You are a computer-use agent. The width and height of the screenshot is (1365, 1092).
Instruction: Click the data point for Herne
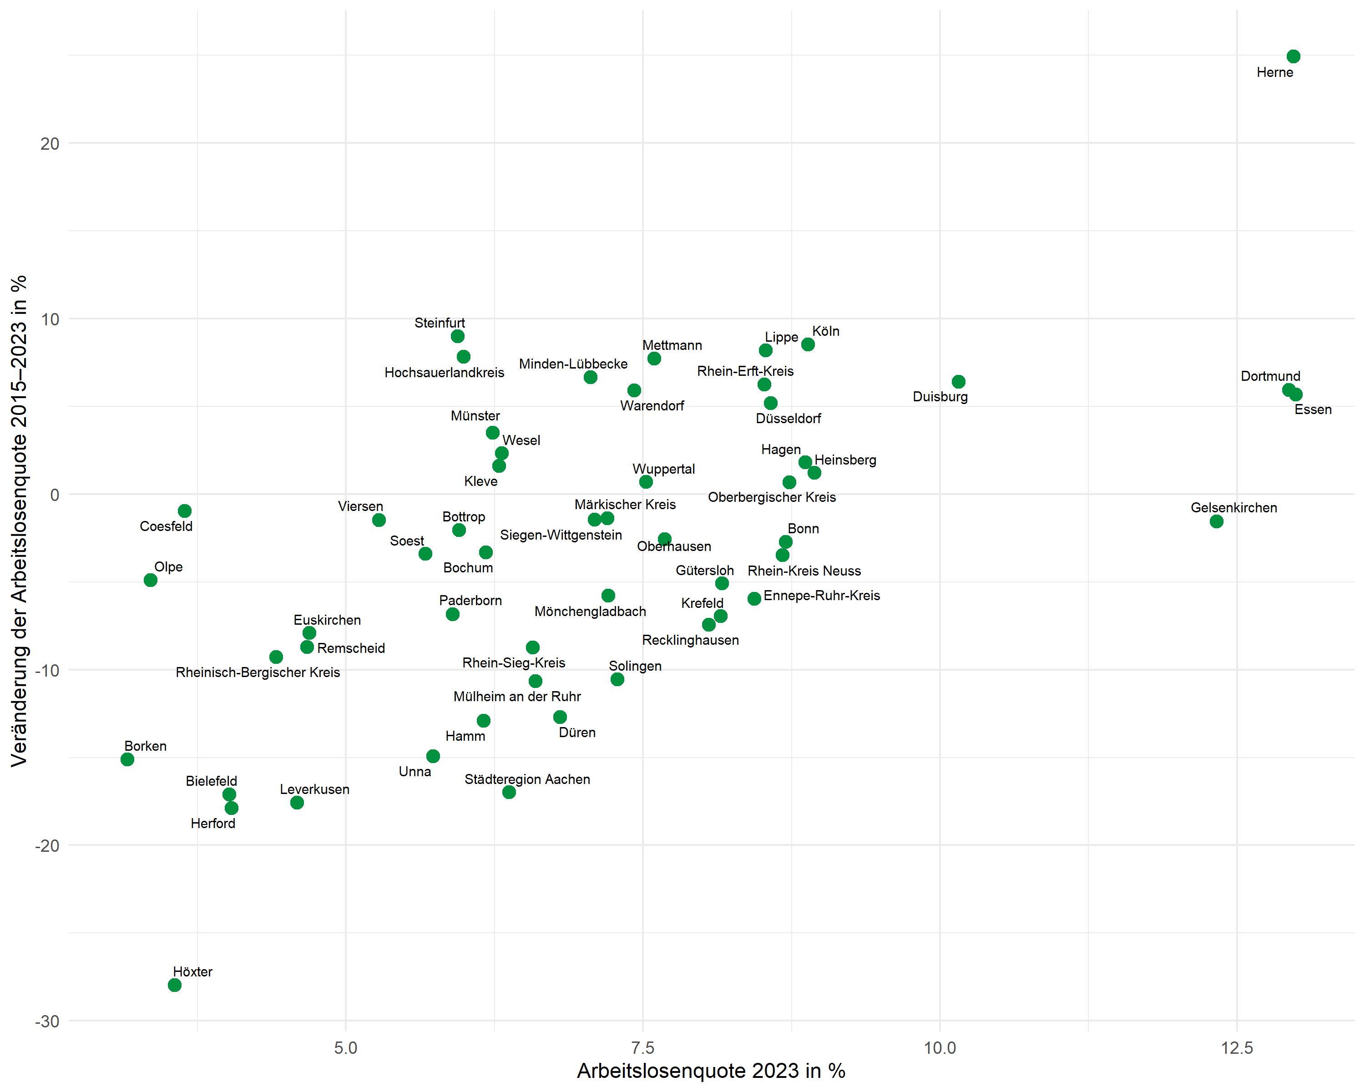coord(1293,57)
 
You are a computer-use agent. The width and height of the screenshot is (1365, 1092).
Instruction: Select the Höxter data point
coord(175,985)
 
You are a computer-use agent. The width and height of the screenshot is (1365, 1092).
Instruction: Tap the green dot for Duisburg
coord(959,382)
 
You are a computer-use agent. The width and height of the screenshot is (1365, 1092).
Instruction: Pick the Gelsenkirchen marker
coord(1216,521)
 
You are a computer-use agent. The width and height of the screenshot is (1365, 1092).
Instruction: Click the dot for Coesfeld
coord(185,511)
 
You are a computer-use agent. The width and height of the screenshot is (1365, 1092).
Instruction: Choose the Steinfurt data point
coord(458,336)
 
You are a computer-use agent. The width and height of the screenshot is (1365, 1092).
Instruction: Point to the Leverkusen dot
coord(297,803)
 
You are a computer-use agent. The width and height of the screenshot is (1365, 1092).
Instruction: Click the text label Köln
coord(825,331)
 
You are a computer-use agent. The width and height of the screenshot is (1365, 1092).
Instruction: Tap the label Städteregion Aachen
coord(527,779)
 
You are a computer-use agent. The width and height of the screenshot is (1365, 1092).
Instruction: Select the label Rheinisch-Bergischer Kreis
coord(258,672)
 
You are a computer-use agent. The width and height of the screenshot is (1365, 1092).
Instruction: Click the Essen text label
coord(1313,409)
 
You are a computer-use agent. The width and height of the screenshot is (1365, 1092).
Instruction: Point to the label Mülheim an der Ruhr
coord(516,696)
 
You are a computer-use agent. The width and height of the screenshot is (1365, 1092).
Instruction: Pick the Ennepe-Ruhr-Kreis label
coord(821,596)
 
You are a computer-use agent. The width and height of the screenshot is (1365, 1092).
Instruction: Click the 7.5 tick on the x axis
coord(642,1048)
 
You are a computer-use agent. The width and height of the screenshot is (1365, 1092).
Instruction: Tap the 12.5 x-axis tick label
coord(1237,1048)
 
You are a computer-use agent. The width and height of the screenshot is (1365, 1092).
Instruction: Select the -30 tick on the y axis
coord(47,1022)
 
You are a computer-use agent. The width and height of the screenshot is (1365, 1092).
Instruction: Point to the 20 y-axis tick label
coord(50,144)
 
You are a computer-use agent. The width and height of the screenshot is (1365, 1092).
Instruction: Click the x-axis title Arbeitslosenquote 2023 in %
coord(711,1071)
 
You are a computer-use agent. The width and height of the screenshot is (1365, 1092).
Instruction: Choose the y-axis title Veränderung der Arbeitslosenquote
coord(19,521)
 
